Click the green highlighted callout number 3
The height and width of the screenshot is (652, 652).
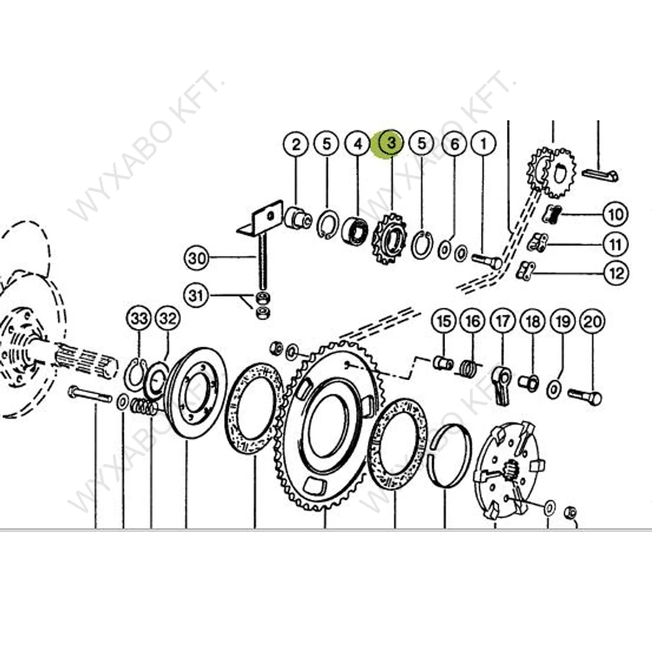coord(391,144)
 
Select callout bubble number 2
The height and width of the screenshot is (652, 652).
coord(295,145)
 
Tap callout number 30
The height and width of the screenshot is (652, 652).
coord(196,259)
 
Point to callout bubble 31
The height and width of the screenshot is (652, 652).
coord(196,295)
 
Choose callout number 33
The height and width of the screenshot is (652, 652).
coord(139,319)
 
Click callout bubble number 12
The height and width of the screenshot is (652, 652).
coord(616,273)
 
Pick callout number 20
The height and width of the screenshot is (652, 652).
coord(593,322)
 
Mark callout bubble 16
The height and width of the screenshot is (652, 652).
coord(473,322)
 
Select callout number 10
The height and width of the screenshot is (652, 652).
coord(616,214)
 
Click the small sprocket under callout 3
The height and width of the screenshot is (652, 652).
coord(389,239)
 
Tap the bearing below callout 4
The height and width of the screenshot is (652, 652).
coord(355,230)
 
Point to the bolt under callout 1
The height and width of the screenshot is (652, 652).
coord(487,261)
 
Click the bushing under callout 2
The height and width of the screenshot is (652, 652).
coord(298,218)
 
